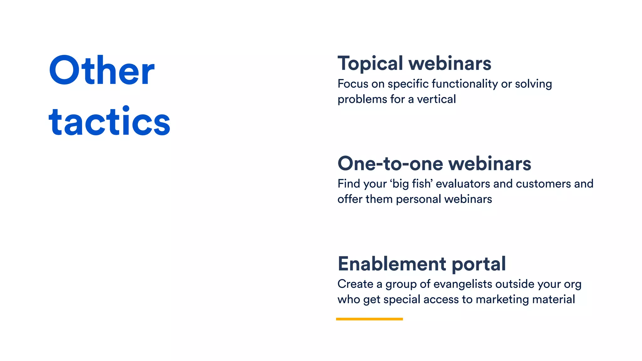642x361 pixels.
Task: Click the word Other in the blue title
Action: coord(102,71)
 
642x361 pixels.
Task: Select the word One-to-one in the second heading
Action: coord(390,164)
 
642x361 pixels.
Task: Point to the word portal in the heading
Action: coord(479,264)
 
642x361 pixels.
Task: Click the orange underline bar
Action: coord(369,319)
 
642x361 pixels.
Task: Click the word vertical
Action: coord(436,99)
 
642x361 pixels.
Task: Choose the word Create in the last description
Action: coord(355,284)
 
